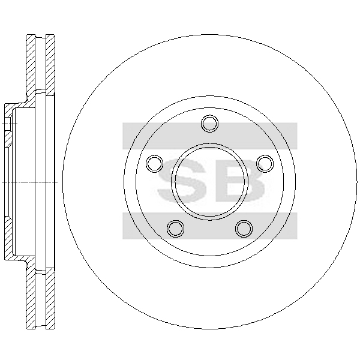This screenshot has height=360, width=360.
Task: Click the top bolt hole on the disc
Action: click(209, 124)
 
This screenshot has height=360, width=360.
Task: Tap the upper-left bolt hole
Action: click(155, 163)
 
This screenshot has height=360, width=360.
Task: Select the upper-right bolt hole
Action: click(265, 163)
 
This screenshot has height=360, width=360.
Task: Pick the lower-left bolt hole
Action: click(176, 229)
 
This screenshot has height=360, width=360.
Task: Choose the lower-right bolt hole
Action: click(244, 229)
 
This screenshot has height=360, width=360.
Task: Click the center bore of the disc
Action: click(209, 182)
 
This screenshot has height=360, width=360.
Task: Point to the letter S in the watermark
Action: click(182, 181)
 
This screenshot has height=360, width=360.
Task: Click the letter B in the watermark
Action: click(241, 181)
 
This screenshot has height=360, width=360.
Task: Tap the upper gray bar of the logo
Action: click(209, 136)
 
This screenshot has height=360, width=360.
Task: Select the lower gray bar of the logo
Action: click(209, 226)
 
